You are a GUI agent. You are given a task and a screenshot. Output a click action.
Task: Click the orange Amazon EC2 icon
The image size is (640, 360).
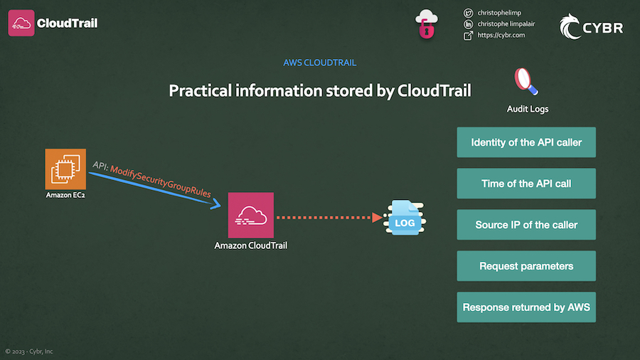[65, 169]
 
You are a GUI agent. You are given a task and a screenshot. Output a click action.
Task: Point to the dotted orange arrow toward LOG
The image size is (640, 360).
[327, 218]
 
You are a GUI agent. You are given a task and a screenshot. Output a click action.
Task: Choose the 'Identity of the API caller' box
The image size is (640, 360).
[526, 142]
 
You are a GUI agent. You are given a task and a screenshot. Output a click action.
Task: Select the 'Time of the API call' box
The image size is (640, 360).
[526, 184]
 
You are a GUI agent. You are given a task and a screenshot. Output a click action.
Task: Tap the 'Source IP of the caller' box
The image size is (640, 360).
[526, 225]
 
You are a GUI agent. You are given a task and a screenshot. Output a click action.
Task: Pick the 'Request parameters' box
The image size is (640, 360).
[526, 266]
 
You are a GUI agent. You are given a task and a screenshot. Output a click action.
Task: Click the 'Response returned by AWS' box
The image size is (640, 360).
[526, 307]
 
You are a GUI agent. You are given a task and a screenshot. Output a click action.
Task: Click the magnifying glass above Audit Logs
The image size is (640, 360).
[526, 81]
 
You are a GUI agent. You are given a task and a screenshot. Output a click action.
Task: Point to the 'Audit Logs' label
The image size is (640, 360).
[527, 109]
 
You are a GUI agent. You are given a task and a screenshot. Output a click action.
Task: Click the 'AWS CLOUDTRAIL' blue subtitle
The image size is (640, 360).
[319, 63]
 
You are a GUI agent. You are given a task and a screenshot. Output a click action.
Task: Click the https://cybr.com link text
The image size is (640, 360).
[501, 35]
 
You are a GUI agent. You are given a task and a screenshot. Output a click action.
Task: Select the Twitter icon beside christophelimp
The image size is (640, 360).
[468, 13]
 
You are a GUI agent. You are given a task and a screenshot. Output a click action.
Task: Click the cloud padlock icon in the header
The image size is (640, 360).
[426, 24]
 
